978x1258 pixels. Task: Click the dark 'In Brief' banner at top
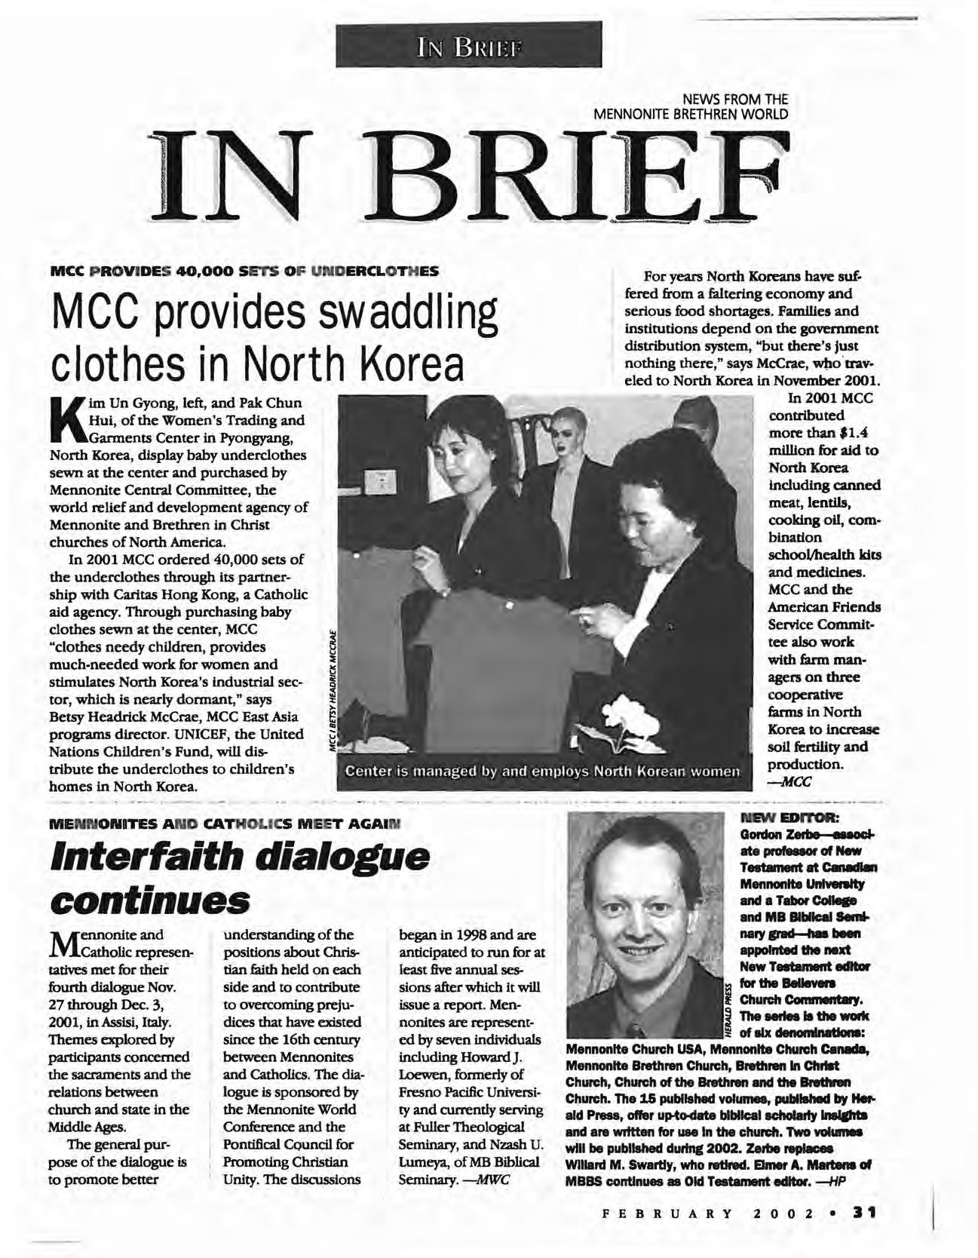[469, 44]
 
